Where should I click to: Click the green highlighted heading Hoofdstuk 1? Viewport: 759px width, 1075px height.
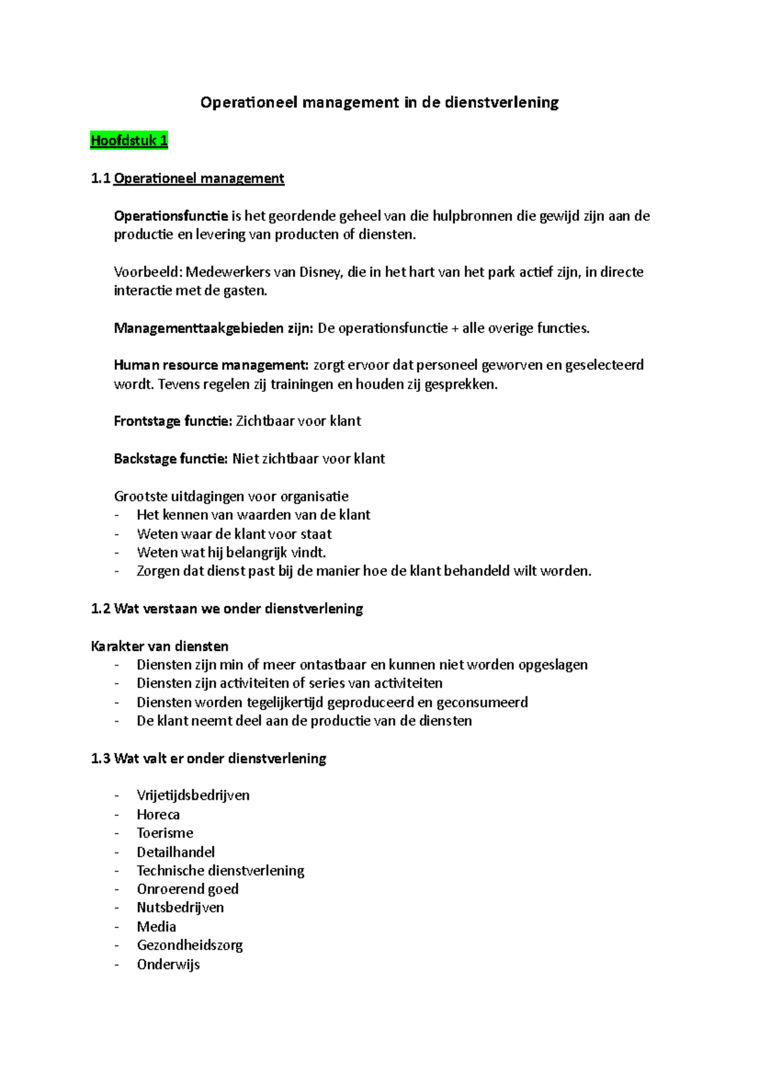pos(129,141)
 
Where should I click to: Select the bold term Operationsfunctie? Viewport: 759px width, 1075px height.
pos(171,216)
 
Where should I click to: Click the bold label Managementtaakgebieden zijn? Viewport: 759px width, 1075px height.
pos(213,328)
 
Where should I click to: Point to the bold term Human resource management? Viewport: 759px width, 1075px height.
pos(211,365)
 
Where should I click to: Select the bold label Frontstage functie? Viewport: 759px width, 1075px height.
pos(173,421)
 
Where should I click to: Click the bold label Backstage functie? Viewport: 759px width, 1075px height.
pos(170,458)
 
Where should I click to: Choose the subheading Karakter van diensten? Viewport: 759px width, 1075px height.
pos(159,646)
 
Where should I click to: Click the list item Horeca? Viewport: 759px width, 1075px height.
pos(158,815)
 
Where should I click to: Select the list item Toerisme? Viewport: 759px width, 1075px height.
pos(165,833)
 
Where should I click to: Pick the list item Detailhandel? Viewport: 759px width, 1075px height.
pos(176,852)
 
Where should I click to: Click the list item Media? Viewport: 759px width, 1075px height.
pos(156,927)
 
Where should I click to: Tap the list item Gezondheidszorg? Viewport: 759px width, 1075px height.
pos(190,945)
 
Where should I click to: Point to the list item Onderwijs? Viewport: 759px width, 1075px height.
pos(168,964)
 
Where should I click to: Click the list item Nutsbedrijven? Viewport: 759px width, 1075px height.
pos(180,908)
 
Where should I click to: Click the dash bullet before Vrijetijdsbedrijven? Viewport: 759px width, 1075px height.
pos(116,796)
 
